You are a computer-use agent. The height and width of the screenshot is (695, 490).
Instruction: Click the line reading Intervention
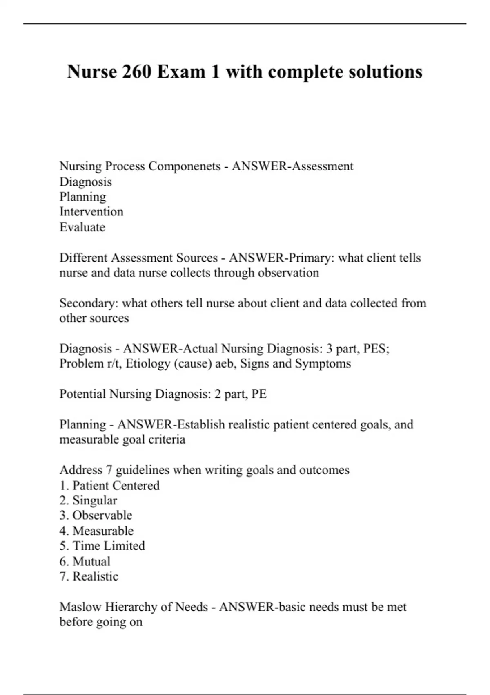(91, 212)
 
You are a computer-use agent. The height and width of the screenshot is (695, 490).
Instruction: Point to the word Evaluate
(82, 227)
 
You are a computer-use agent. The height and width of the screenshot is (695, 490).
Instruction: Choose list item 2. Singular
(88, 501)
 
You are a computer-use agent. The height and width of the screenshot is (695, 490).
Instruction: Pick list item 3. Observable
(96, 516)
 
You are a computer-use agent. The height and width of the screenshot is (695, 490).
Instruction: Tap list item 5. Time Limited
(102, 546)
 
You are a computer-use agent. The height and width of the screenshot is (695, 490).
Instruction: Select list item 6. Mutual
(85, 562)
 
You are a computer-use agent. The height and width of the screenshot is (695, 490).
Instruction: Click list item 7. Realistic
(89, 577)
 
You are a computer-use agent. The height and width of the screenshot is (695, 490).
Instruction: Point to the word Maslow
(80, 607)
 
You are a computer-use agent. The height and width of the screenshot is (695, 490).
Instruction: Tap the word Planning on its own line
(83, 197)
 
